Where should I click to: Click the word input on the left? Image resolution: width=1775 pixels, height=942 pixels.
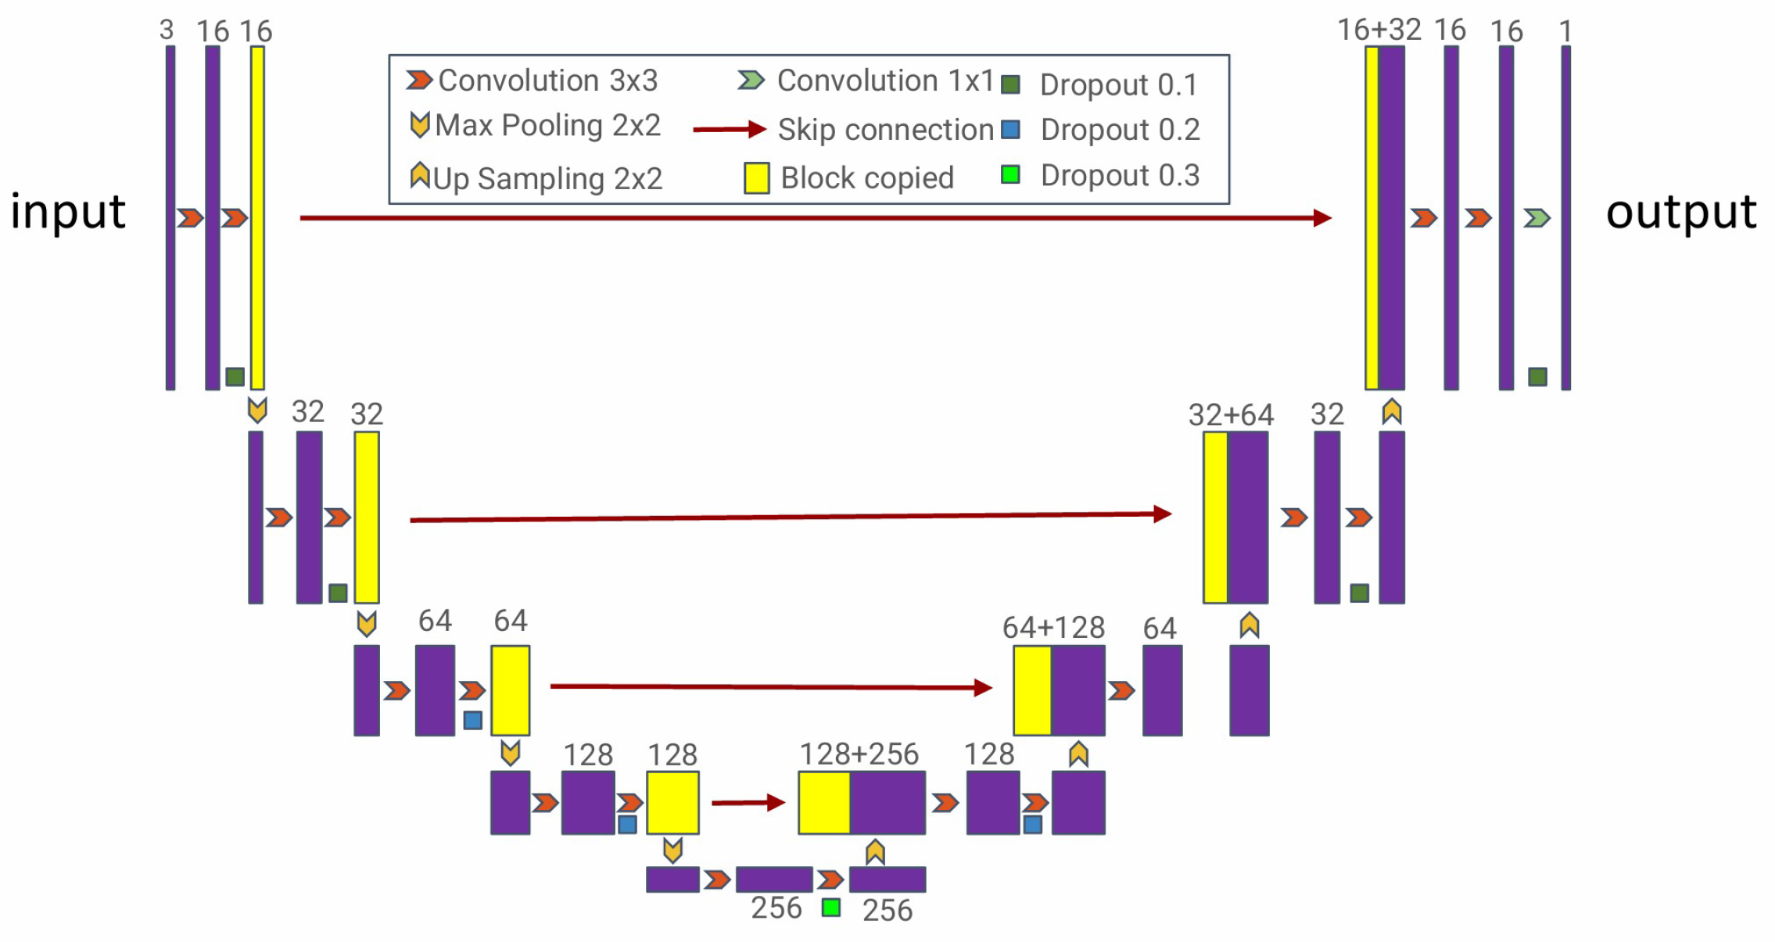tap(68, 212)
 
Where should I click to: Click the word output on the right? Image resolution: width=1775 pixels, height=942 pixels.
tap(1680, 212)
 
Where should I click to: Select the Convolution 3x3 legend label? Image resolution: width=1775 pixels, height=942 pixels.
tap(547, 81)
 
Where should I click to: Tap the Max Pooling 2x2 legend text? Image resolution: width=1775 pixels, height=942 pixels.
tap(547, 125)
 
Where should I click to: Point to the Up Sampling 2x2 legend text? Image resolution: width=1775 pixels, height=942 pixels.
tap(547, 179)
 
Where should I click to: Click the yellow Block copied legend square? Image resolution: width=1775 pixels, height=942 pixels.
tap(756, 178)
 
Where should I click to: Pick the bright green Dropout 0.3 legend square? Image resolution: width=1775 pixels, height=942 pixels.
tap(1010, 174)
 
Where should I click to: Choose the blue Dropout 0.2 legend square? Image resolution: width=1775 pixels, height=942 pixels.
tap(1010, 129)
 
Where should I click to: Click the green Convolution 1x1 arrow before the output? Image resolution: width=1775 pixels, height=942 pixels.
tap(1537, 217)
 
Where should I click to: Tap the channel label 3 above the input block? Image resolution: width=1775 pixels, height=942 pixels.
tap(166, 30)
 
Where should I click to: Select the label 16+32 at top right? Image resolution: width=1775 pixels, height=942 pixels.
tap(1379, 30)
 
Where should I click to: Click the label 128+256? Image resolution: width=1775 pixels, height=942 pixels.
tap(859, 754)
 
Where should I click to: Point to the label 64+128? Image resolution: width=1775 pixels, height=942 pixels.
tap(1053, 628)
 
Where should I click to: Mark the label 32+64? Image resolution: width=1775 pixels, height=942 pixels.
tap(1231, 415)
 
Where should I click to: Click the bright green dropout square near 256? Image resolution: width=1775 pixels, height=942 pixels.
tap(831, 908)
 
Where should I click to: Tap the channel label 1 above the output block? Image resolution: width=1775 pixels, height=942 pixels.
tap(1565, 31)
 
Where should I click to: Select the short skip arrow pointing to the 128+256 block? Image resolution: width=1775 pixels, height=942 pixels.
tap(748, 802)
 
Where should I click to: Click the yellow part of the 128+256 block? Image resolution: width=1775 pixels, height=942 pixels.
tap(824, 803)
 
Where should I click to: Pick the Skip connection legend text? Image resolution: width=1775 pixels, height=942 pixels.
tap(885, 130)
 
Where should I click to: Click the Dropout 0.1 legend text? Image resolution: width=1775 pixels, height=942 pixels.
tap(1118, 84)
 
